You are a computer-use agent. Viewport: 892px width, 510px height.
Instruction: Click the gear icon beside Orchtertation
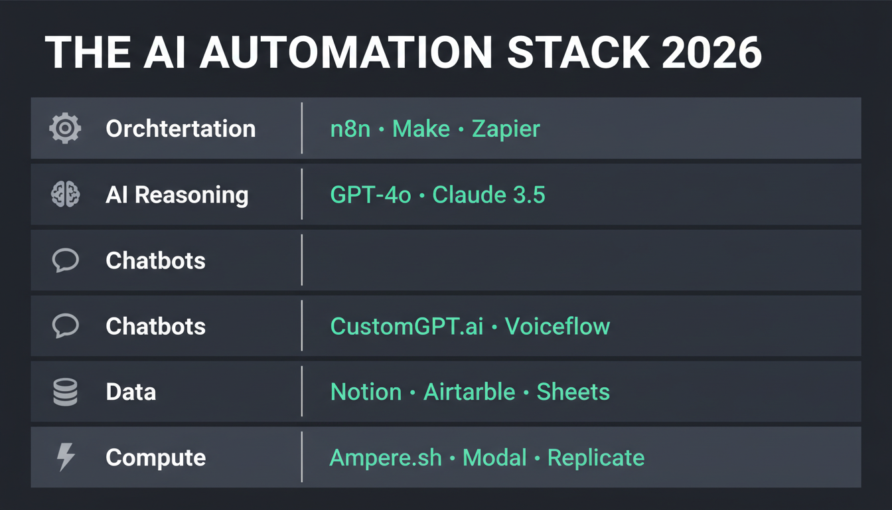65,128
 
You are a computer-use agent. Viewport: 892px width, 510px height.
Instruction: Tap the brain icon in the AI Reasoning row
65,195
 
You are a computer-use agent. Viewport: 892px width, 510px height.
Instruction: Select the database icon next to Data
65,392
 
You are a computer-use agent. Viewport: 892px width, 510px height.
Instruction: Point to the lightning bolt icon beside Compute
66,458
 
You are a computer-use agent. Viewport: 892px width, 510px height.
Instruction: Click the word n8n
350,128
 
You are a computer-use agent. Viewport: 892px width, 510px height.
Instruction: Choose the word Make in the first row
421,128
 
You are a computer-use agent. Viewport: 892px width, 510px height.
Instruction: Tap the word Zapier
506,129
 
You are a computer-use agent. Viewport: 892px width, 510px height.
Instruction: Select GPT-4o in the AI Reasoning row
370,195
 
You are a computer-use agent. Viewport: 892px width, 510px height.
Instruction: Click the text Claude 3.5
488,195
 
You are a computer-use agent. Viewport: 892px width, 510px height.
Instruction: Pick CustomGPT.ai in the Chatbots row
407,326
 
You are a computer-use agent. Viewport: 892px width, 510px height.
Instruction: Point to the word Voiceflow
557,326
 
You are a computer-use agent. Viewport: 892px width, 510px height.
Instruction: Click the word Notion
366,392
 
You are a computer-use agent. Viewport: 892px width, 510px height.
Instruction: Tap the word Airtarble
469,392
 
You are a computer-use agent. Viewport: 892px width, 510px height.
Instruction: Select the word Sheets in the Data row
573,392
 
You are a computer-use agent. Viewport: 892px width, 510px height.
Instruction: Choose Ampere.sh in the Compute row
386,458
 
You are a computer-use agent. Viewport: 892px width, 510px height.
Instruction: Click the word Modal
494,458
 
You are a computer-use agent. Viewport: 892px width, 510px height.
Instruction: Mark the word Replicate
595,458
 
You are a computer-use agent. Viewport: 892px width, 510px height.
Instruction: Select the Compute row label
155,458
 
